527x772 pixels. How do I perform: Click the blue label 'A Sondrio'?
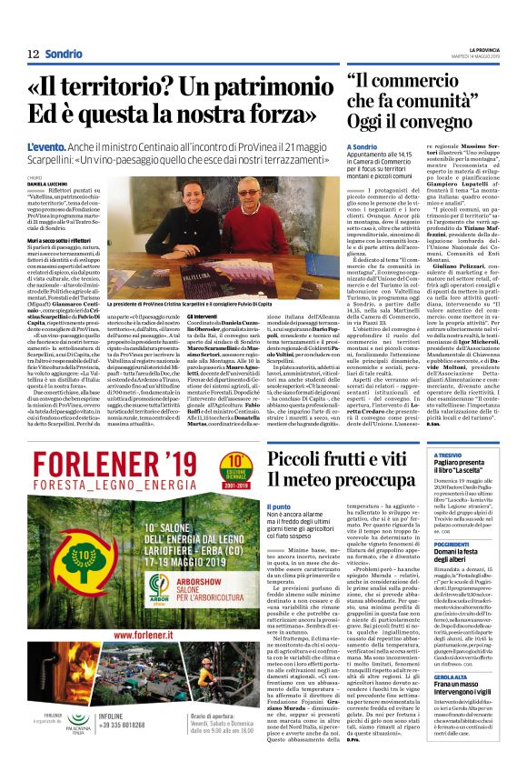click(362, 145)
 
